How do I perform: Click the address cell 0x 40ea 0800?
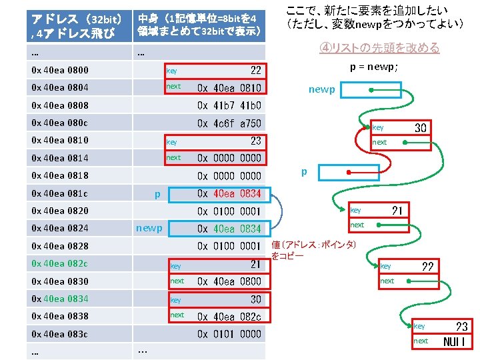(60, 70)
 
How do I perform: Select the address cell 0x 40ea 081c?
(60, 193)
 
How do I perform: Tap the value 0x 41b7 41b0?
(229, 105)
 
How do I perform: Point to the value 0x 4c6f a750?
(229, 123)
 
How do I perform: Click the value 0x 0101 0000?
(229, 333)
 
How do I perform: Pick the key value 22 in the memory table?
(255, 70)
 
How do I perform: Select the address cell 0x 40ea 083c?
(60, 333)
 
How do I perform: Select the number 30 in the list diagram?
(421, 127)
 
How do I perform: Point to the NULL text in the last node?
(457, 341)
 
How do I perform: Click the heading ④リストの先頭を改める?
(379, 48)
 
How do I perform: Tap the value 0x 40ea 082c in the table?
(229, 316)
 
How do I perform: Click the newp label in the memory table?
(149, 228)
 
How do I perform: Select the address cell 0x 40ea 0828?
(60, 246)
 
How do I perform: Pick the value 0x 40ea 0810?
(229, 88)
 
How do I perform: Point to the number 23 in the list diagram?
(461, 326)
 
